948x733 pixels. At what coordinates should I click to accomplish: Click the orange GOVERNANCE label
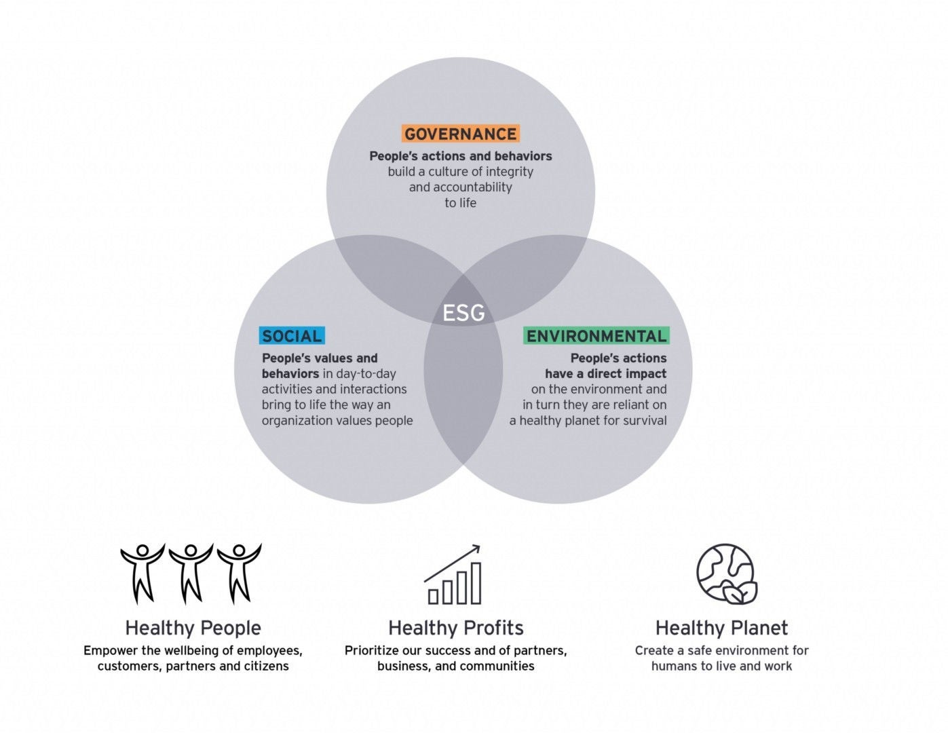(460, 134)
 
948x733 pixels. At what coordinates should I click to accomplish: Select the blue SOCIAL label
(292, 336)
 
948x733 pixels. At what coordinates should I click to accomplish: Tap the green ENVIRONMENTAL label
(596, 336)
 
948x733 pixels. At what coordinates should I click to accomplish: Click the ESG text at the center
(463, 313)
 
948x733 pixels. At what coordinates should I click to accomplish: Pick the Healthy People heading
(193, 628)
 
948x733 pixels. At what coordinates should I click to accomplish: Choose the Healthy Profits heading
(455, 628)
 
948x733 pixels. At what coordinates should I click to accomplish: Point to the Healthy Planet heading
(721, 628)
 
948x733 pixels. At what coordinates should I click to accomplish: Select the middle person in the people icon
(191, 572)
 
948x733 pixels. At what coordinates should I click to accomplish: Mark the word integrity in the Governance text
(510, 172)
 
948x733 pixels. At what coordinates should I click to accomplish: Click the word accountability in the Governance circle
(471, 187)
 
